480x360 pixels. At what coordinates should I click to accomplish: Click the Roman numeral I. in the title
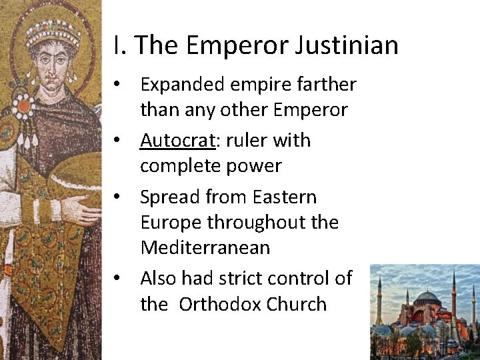pos(119,45)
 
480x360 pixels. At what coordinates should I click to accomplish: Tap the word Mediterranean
pos(205,247)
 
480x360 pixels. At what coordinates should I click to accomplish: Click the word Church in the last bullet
pos(297,304)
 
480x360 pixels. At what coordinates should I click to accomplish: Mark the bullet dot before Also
pos(117,279)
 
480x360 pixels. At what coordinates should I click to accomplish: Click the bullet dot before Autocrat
pos(117,141)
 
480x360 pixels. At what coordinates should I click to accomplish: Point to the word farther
pos(323,85)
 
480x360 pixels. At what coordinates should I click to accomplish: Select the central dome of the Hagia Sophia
pos(427,297)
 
